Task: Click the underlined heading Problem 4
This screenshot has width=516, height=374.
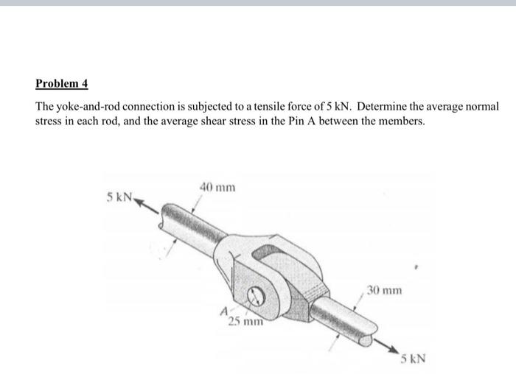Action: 62,84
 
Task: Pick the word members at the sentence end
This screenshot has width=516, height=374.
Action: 400,120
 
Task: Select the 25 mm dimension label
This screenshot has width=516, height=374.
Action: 243,321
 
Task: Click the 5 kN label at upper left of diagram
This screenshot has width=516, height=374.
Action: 119,197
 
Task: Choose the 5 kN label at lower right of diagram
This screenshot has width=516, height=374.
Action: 414,359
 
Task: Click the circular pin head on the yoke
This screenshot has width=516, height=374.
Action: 257,298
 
